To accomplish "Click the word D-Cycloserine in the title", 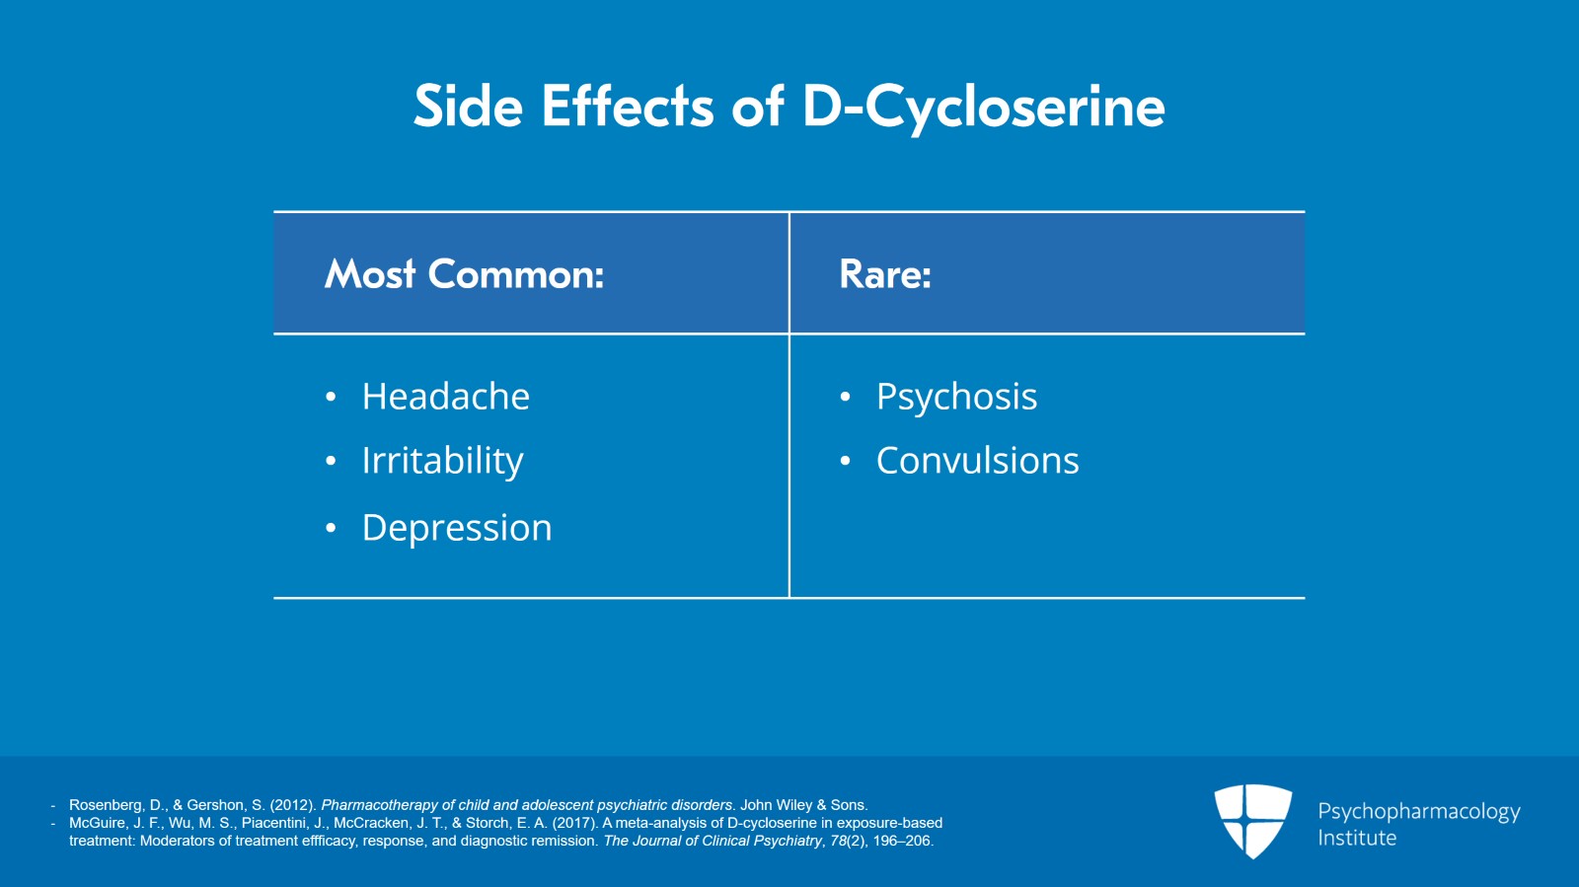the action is click(983, 108).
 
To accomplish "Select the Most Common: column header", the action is click(464, 273).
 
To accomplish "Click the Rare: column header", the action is click(885, 273).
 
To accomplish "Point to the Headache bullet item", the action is click(445, 396).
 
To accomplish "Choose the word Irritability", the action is click(443, 462).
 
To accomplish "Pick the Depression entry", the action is click(457, 529).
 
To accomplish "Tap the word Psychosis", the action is click(956, 398).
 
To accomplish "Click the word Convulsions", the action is click(978, 461).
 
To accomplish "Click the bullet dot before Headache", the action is click(331, 397).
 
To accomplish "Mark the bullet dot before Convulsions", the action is click(845, 461).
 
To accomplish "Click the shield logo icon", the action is click(1252, 821).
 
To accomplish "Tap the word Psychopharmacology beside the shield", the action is click(1419, 812).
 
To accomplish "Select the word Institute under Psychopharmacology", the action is click(1357, 838).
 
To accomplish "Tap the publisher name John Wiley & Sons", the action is click(803, 804).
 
